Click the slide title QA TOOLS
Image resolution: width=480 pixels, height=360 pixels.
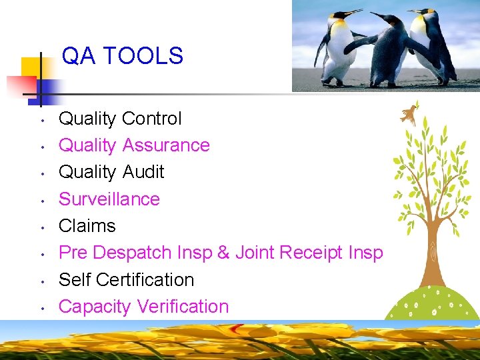122,56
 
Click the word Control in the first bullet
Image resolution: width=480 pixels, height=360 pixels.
151,119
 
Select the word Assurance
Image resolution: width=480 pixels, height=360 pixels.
167,145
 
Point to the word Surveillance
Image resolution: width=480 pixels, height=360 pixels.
109,199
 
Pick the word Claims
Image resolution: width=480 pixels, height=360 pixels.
87,226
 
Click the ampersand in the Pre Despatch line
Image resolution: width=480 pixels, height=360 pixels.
223,253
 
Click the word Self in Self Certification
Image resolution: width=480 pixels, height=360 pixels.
75,280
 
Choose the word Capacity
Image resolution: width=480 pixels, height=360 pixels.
95,307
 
